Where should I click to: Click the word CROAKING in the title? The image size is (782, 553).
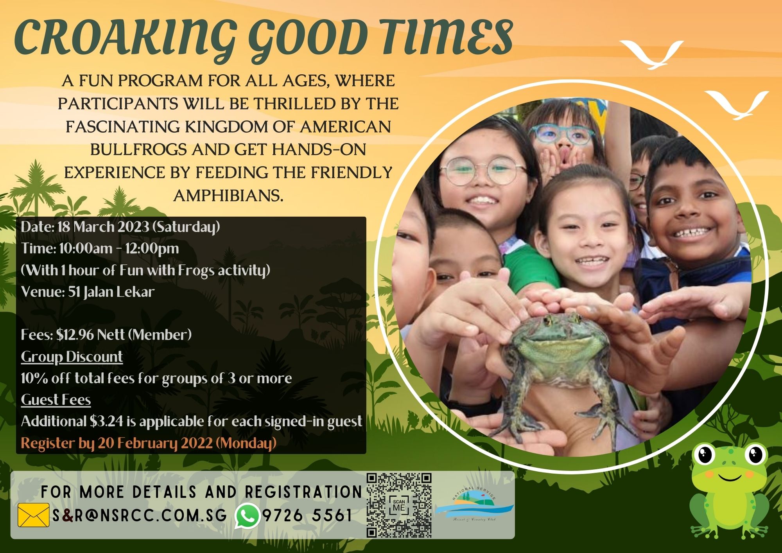126,38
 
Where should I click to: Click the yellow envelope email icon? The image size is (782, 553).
33,515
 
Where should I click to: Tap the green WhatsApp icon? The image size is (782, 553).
247,515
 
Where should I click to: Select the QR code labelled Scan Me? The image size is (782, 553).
399,505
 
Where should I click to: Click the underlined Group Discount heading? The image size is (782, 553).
72,357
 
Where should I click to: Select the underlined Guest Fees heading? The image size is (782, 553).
56,400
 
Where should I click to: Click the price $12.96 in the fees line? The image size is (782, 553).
75,335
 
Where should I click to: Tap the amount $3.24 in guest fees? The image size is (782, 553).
106,421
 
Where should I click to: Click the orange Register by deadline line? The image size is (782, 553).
149,443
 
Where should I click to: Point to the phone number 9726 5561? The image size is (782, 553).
307,515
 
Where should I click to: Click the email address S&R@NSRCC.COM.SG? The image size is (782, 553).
140,515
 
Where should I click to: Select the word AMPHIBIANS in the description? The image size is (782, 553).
228,196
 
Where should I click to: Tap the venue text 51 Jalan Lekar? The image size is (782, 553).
111,292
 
